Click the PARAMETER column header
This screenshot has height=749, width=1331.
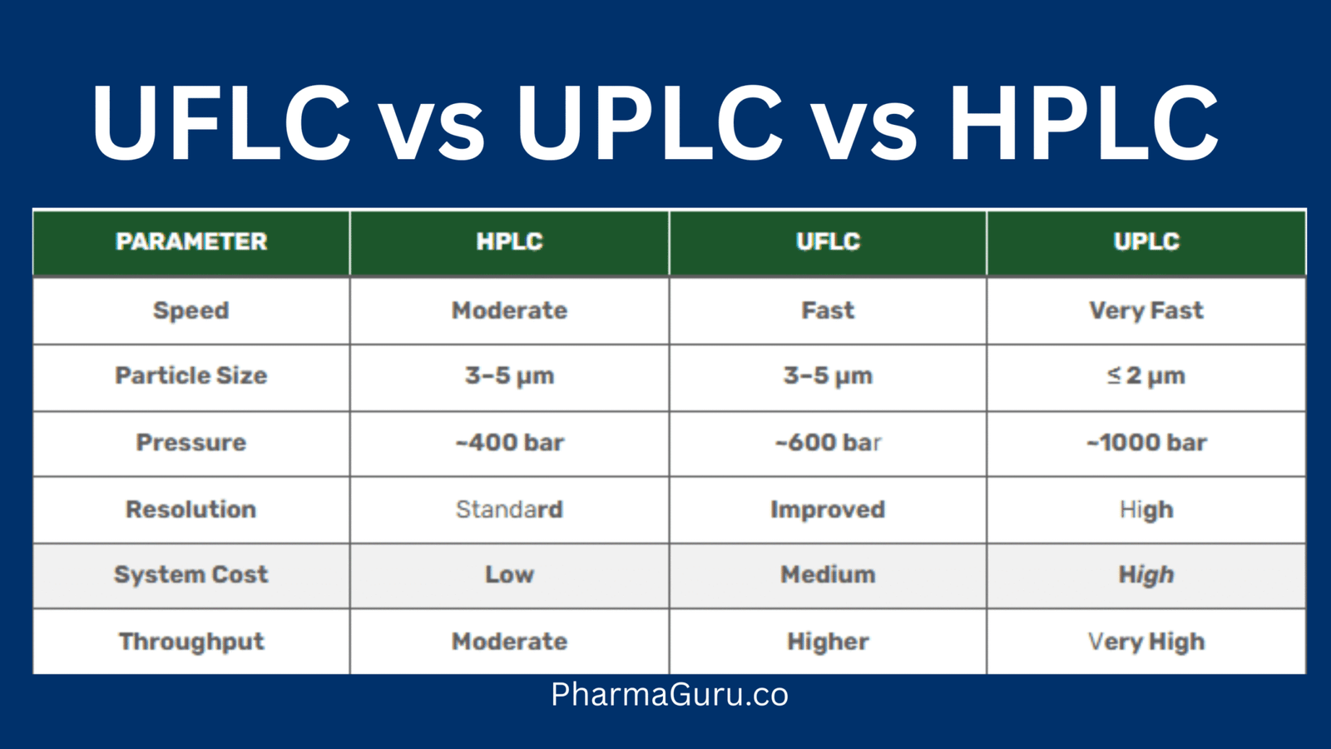(191, 241)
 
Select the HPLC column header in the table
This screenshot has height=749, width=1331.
(509, 241)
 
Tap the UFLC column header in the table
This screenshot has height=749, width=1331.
(828, 241)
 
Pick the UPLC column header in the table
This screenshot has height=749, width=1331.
(1146, 241)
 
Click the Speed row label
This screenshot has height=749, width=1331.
(191, 310)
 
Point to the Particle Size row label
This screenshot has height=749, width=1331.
(191, 375)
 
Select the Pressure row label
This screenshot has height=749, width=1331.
(191, 442)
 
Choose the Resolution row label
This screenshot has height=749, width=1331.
(191, 509)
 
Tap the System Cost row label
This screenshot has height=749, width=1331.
(191, 574)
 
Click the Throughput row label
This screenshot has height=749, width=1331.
(191, 642)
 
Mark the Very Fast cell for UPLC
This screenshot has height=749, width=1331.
(1146, 310)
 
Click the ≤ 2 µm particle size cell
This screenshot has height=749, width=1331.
(1146, 375)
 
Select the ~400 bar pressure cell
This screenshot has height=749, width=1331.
(509, 442)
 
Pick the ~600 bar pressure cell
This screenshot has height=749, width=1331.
(828, 442)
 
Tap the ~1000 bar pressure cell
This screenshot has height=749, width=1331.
(1146, 442)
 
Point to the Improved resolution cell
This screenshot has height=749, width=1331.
(828, 509)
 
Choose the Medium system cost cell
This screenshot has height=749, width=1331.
(828, 574)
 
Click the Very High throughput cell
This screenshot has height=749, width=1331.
(1146, 642)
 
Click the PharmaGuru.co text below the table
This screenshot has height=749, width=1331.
(670, 695)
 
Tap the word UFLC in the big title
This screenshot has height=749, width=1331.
(221, 123)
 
